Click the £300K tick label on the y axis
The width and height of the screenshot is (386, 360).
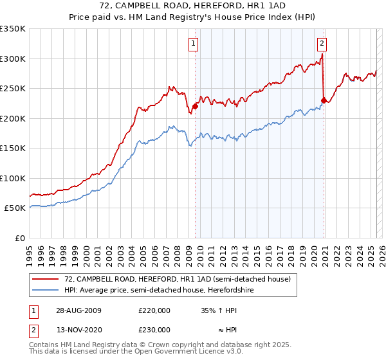tap(13, 59)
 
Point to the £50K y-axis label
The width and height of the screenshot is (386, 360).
tap(15, 208)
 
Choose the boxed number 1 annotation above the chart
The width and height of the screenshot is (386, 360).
tap(194, 44)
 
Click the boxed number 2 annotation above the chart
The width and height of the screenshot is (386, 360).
tap(321, 44)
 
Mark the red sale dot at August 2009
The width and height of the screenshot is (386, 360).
tap(195, 107)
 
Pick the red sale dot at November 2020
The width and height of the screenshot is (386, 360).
tap(324, 100)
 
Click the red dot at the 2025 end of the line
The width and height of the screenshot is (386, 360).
tap(376, 72)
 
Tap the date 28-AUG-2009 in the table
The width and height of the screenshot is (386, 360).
tap(78, 310)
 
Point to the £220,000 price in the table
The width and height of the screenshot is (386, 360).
tap(154, 310)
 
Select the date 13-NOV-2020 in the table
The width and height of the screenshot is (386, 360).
tap(78, 329)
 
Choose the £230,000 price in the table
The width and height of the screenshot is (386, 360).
tap(154, 329)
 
